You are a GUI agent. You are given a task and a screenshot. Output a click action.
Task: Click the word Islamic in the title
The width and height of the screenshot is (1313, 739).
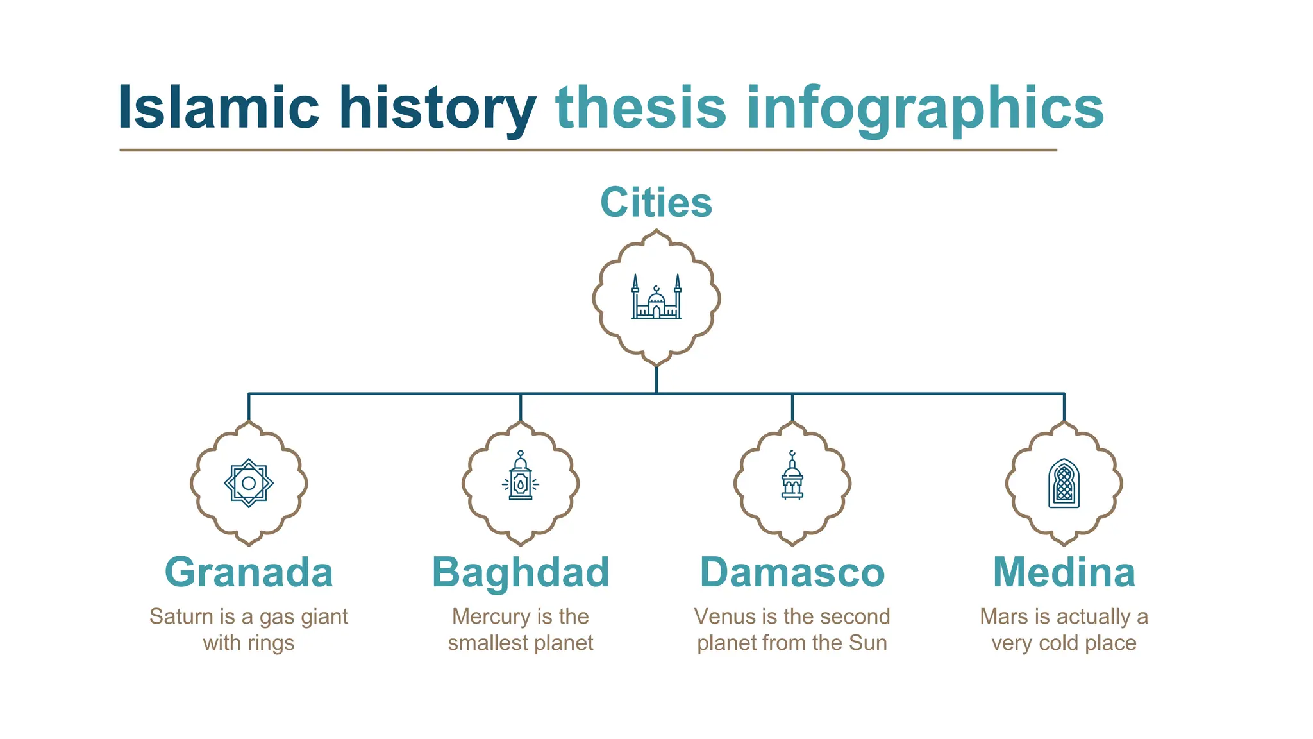point(218,108)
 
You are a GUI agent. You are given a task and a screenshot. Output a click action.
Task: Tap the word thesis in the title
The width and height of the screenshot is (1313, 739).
point(640,108)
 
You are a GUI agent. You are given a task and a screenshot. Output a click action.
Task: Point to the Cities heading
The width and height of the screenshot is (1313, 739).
point(656,203)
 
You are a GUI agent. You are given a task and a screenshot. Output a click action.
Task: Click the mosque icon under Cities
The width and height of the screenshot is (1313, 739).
point(656,298)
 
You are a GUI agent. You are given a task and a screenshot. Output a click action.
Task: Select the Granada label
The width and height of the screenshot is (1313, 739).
point(249,572)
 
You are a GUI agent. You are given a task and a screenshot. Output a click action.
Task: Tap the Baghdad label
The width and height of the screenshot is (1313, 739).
point(521,572)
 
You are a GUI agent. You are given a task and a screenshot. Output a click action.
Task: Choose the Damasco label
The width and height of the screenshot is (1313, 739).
point(792,572)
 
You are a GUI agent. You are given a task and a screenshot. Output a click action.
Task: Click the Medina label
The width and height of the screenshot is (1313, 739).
point(1064,572)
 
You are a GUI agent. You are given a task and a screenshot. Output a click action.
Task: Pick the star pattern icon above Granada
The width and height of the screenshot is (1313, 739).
point(249,483)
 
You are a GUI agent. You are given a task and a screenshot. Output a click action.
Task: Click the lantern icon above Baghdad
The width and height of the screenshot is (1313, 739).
point(521,476)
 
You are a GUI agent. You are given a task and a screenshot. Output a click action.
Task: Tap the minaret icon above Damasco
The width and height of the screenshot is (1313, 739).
point(792,476)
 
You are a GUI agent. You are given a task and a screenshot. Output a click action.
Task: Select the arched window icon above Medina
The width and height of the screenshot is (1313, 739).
point(1064,483)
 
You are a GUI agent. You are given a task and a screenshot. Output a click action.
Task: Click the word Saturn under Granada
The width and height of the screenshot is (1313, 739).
point(181,616)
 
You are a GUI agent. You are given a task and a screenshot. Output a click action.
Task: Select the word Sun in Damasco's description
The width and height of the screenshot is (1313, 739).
point(868,643)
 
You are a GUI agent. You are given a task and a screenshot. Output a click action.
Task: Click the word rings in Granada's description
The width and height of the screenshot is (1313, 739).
point(271,643)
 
